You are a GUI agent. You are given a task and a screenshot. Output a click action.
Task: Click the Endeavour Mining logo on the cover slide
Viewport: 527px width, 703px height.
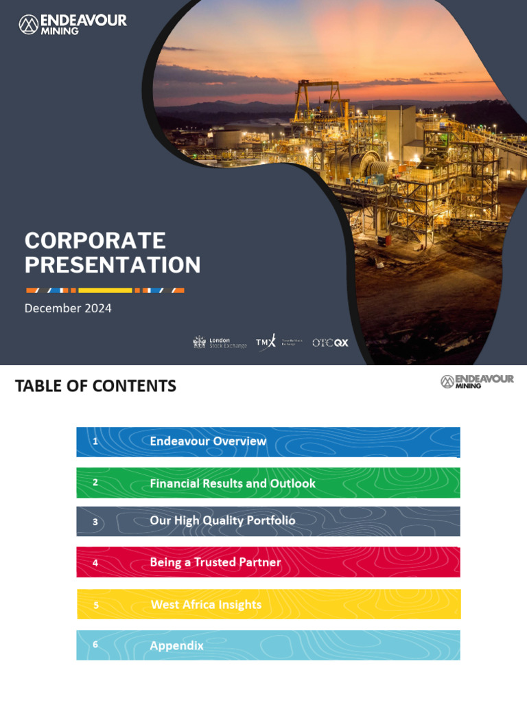click(73, 25)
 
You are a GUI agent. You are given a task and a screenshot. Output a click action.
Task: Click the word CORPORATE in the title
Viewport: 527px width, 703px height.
click(95, 241)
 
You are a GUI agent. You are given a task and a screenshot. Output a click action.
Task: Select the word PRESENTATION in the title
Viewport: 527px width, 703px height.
click(113, 265)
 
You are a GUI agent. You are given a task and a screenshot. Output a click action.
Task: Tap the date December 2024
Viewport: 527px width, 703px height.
click(68, 308)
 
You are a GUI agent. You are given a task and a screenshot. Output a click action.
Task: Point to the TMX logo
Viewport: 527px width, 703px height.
click(266, 342)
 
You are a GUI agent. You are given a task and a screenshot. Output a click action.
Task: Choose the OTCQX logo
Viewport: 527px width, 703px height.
click(330, 343)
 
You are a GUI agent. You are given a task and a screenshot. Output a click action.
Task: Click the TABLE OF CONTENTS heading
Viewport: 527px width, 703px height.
click(95, 387)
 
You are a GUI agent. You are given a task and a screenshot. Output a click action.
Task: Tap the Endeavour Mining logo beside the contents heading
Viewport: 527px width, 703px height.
click(477, 382)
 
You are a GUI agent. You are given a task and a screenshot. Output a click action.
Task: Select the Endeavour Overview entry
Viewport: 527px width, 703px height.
click(208, 441)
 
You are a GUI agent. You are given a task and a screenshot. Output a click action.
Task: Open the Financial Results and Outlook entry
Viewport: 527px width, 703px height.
click(233, 483)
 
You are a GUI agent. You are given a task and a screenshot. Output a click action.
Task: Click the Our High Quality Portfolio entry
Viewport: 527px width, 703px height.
click(222, 521)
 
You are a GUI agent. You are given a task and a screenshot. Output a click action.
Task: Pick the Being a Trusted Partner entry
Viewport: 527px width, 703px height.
click(215, 562)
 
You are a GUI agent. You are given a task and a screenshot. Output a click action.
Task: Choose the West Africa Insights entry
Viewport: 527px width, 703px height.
click(206, 605)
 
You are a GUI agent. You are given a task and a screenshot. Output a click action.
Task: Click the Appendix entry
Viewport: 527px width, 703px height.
click(177, 646)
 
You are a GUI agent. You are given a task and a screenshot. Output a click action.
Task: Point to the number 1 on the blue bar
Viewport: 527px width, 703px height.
click(95, 441)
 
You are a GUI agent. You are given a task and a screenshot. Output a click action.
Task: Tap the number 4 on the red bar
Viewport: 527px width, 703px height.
click(95, 563)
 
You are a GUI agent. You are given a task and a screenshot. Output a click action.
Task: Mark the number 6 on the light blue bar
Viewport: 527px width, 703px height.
click(95, 645)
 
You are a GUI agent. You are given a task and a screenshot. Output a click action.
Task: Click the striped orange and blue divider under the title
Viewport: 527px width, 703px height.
click(105, 290)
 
